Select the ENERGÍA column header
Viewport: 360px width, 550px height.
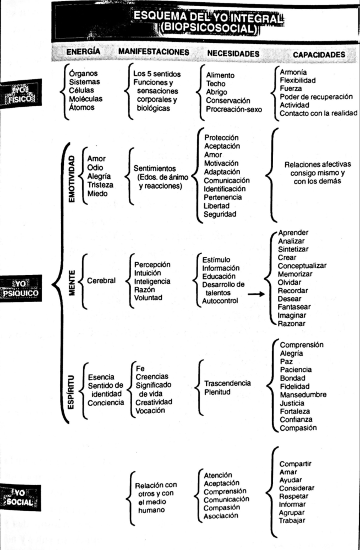tap(83, 52)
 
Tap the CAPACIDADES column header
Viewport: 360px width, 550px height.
tap(319, 55)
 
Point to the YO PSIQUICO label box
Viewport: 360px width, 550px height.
tap(20, 288)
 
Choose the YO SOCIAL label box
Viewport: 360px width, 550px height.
tap(20, 498)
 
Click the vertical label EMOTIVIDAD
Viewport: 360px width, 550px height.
tap(72, 179)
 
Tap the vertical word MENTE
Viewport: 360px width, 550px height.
tap(72, 283)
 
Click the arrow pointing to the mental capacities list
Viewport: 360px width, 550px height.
tap(256, 294)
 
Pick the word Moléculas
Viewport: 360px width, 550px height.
tap(86, 99)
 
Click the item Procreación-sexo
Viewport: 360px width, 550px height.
tap(234, 109)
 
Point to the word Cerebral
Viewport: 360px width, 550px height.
tap(101, 281)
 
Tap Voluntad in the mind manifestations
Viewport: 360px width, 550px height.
tap(148, 298)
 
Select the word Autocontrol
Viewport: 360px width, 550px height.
tap(220, 301)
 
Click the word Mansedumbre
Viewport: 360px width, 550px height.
tap(303, 395)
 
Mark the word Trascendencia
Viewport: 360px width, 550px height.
tap(227, 383)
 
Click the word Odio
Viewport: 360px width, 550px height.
tap(95, 168)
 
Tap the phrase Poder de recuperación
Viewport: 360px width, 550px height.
tap(316, 97)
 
